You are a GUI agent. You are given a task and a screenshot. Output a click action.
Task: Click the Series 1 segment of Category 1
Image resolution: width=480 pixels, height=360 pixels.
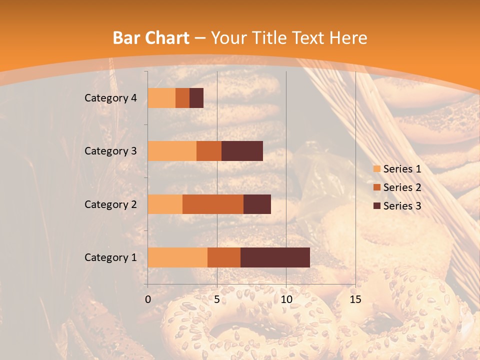(177, 257)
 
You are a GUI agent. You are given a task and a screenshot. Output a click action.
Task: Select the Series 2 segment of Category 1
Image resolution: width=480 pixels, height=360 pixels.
(224, 257)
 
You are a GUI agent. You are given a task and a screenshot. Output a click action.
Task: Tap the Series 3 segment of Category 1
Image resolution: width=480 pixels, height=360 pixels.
(275, 257)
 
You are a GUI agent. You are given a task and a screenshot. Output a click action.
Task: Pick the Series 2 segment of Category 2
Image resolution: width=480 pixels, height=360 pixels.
(213, 204)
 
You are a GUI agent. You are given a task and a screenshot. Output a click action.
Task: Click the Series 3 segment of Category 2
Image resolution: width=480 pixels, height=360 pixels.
(257, 204)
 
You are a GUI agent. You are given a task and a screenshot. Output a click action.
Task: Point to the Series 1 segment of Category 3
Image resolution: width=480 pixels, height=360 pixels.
(172, 151)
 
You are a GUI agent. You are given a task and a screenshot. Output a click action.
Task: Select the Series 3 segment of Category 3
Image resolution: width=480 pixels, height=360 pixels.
(242, 151)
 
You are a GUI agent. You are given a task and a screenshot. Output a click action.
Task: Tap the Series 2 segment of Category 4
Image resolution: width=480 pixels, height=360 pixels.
(182, 98)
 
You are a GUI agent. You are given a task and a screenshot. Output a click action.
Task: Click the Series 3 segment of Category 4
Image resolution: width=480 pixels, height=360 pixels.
(196, 98)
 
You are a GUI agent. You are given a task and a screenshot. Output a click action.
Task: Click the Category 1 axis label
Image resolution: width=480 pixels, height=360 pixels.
(110, 257)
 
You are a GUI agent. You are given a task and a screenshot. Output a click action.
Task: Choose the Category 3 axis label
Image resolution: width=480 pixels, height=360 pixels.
(110, 151)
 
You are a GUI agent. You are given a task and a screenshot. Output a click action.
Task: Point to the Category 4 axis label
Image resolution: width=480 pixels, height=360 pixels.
(110, 98)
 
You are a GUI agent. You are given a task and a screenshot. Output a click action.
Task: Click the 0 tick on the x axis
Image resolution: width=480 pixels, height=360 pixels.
(148, 299)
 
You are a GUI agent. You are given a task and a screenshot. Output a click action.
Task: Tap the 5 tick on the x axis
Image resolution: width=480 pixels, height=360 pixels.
(217, 299)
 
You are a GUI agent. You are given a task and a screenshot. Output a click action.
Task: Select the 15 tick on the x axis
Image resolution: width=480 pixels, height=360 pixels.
(355, 299)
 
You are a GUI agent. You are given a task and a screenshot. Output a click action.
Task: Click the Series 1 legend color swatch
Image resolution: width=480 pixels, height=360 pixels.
(376, 169)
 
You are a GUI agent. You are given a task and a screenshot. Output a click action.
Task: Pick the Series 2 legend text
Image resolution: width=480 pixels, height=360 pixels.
(402, 187)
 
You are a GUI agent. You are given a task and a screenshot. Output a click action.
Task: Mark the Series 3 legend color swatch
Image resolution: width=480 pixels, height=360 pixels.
(376, 206)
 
